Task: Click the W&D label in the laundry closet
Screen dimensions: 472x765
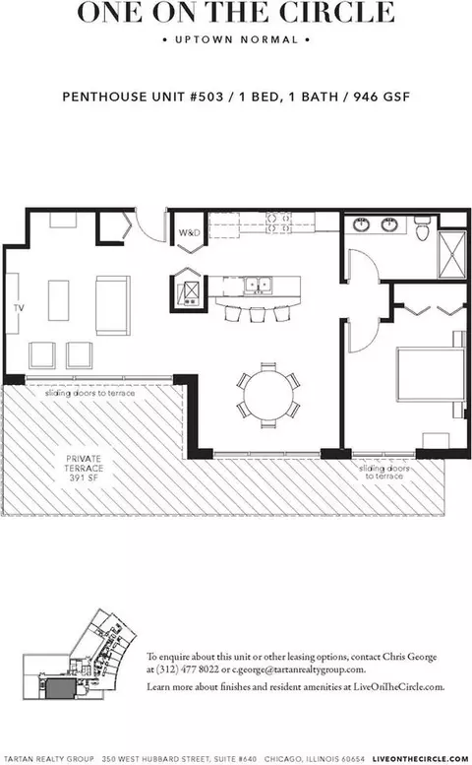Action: pos(189,232)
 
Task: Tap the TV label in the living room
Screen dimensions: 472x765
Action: pos(19,308)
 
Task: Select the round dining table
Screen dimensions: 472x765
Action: pos(268,395)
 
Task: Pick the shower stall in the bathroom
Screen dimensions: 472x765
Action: pos(452,255)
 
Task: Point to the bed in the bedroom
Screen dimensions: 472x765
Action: pos(431,374)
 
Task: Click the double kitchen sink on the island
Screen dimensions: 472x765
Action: pos(259,285)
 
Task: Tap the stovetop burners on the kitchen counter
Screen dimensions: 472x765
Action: pos(278,222)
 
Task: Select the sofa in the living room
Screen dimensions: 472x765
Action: pos(112,305)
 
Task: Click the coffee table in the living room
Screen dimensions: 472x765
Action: pos(58,300)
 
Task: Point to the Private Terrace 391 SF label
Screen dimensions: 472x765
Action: pos(84,468)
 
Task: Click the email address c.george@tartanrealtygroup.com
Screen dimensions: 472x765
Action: pos(298,669)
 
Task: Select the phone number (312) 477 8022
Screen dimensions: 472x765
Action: pos(188,669)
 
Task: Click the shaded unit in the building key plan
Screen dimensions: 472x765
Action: pos(60,688)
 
